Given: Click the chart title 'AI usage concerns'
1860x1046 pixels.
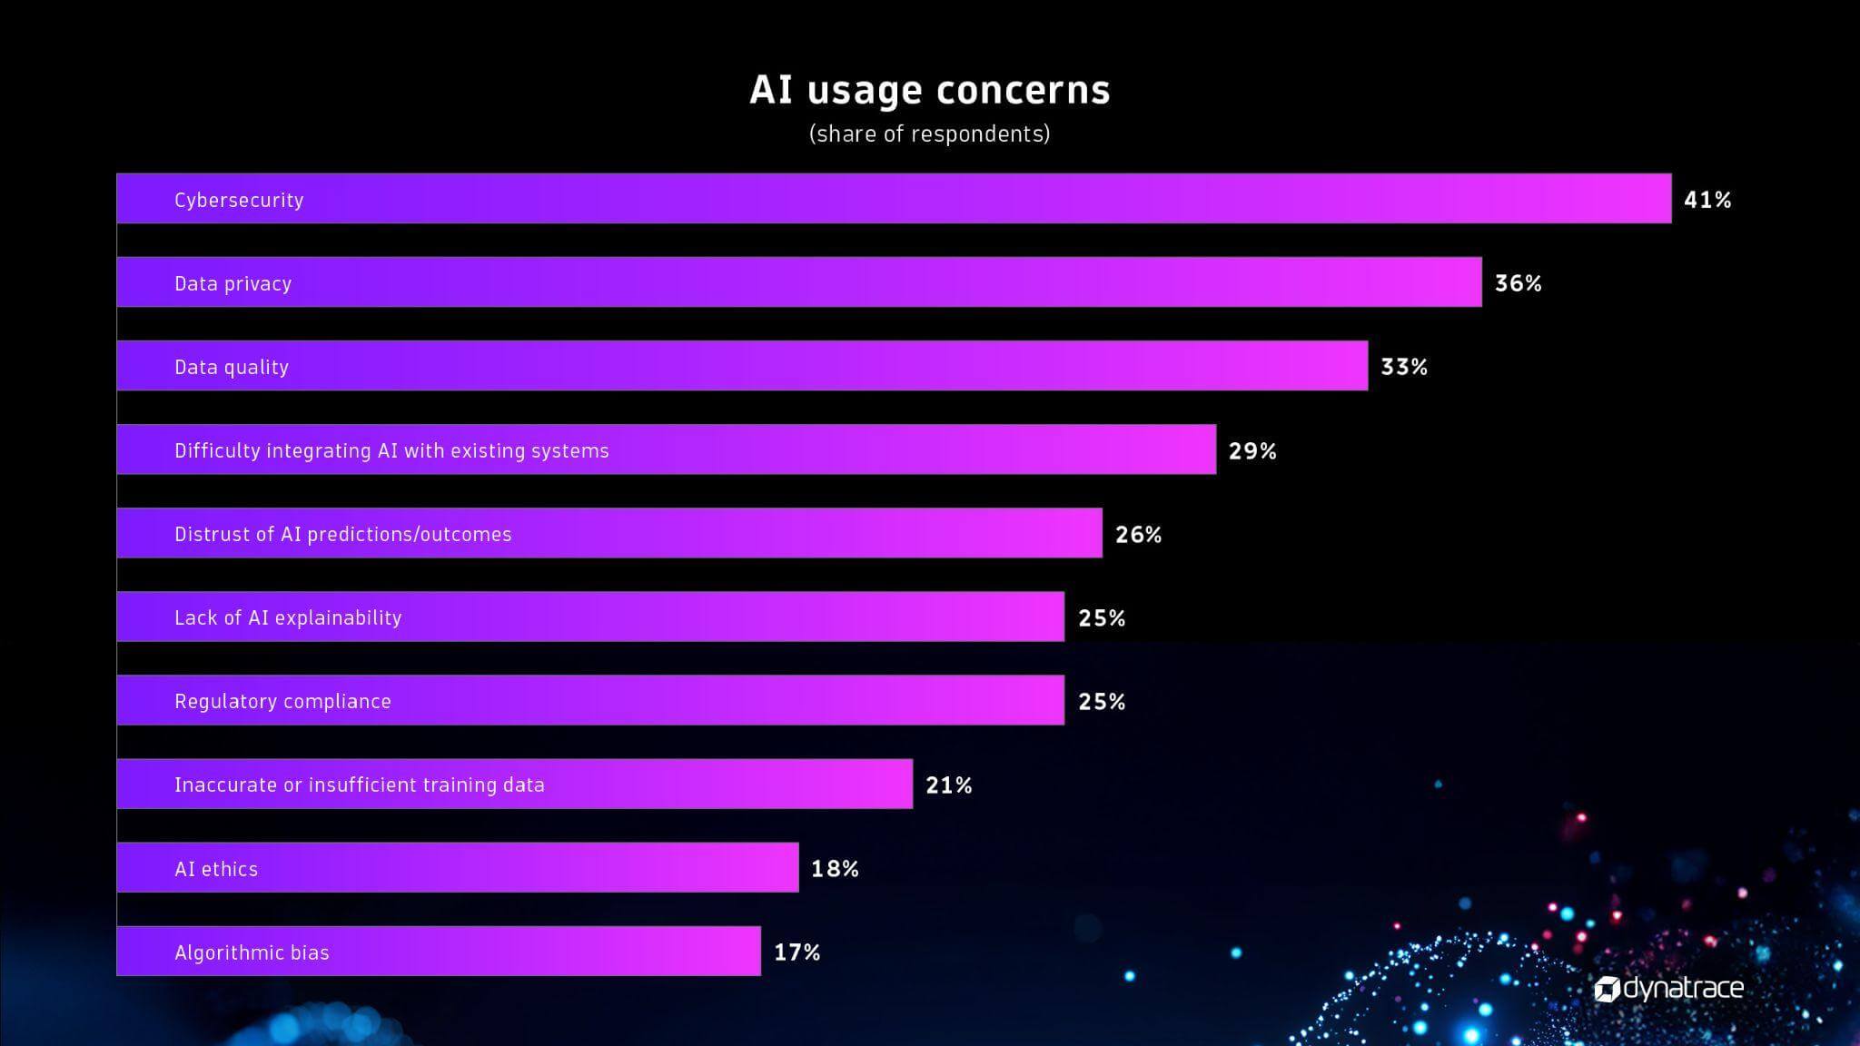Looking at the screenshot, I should (x=929, y=90).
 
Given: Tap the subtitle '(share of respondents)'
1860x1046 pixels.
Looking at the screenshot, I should (x=929, y=134).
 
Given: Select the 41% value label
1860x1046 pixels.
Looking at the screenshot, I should (x=1707, y=200).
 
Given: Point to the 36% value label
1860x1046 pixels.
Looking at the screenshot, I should (x=1518, y=283).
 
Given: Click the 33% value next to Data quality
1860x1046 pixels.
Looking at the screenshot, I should (x=1404, y=367).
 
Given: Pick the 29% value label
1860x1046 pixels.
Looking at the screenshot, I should (x=1252, y=451).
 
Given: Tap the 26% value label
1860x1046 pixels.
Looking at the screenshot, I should (x=1138, y=535).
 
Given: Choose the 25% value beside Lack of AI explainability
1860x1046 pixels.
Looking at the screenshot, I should (x=1102, y=618).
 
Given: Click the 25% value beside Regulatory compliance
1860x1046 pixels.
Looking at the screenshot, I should (x=1102, y=702).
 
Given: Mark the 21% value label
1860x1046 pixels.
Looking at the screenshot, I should (x=949, y=785).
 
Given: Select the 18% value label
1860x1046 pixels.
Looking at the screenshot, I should (x=835, y=869).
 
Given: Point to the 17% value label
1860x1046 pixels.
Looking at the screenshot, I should (x=796, y=952).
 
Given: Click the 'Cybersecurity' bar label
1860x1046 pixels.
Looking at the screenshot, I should (x=239, y=200).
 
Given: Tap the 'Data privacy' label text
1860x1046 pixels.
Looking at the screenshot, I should (x=232, y=283).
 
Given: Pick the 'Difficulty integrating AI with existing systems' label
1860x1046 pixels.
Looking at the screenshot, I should (x=391, y=450).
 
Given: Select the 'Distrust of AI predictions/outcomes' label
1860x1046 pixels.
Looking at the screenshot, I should (x=342, y=534).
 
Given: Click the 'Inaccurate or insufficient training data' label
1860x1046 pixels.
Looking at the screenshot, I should (x=359, y=784).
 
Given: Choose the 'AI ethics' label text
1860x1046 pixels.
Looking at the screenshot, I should (x=216, y=869).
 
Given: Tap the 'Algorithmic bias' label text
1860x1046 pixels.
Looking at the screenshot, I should (x=252, y=952).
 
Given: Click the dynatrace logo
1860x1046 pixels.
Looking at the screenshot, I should (x=1669, y=988).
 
